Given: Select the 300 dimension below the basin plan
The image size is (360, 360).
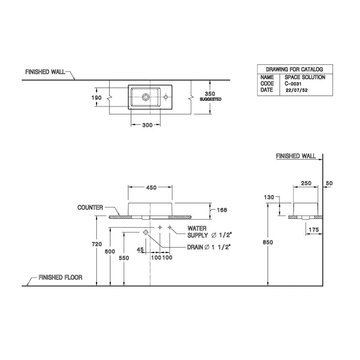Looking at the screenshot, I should pos(147,125).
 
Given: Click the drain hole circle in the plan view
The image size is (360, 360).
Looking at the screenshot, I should pos(146,96).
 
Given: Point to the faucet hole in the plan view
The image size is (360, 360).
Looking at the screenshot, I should pos(166,96).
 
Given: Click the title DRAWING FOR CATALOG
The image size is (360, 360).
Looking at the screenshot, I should pos(294,69).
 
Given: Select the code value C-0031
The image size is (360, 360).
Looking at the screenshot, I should pos(293,84).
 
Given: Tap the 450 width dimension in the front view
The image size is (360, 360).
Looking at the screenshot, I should pos(151,188).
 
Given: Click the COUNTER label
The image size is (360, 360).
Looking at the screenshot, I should pos(90,207).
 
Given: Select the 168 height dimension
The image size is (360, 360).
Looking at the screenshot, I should pos(221,210).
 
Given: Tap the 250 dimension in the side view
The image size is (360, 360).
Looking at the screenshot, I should pos(306,183).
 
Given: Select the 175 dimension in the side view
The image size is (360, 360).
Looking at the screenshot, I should pos(314,230).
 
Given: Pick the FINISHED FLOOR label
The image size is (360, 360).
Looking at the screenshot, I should pos(60,278).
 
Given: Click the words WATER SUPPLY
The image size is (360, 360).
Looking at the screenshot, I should pos(198,232).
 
